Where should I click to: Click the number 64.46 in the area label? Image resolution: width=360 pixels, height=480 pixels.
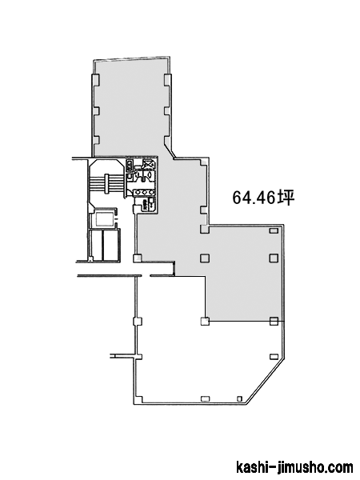(x=254, y=198)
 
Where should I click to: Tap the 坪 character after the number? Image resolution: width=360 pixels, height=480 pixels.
(x=286, y=198)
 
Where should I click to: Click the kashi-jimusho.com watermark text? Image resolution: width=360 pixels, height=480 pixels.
(x=294, y=467)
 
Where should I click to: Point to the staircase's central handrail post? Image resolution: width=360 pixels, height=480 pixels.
(x=107, y=183)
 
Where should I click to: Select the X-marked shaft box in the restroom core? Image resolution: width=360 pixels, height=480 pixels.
(x=149, y=164)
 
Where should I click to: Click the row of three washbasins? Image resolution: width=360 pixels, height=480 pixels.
(x=144, y=192)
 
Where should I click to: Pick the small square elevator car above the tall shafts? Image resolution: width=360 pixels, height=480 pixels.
(x=105, y=218)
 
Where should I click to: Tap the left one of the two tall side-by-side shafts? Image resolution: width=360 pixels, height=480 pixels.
(x=96, y=245)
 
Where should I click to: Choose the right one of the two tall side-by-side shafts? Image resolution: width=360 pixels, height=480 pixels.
(x=111, y=245)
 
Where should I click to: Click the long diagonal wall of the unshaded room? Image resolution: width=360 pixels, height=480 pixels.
(x=266, y=380)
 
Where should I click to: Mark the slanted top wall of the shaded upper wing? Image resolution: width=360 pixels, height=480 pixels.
(x=132, y=58)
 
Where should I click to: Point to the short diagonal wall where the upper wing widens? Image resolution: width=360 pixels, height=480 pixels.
(x=170, y=151)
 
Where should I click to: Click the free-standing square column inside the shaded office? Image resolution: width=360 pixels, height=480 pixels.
(x=205, y=258)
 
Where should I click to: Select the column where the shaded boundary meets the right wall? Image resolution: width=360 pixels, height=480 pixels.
(x=274, y=321)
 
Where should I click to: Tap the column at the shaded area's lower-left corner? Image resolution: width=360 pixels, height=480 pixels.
(x=205, y=321)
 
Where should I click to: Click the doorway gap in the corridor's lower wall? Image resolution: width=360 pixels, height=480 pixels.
(x=146, y=276)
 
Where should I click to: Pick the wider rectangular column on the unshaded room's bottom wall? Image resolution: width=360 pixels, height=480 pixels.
(x=205, y=398)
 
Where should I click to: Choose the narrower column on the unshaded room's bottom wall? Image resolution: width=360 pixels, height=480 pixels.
(x=240, y=398)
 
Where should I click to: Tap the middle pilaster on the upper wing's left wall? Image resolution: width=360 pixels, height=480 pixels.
(x=96, y=110)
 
